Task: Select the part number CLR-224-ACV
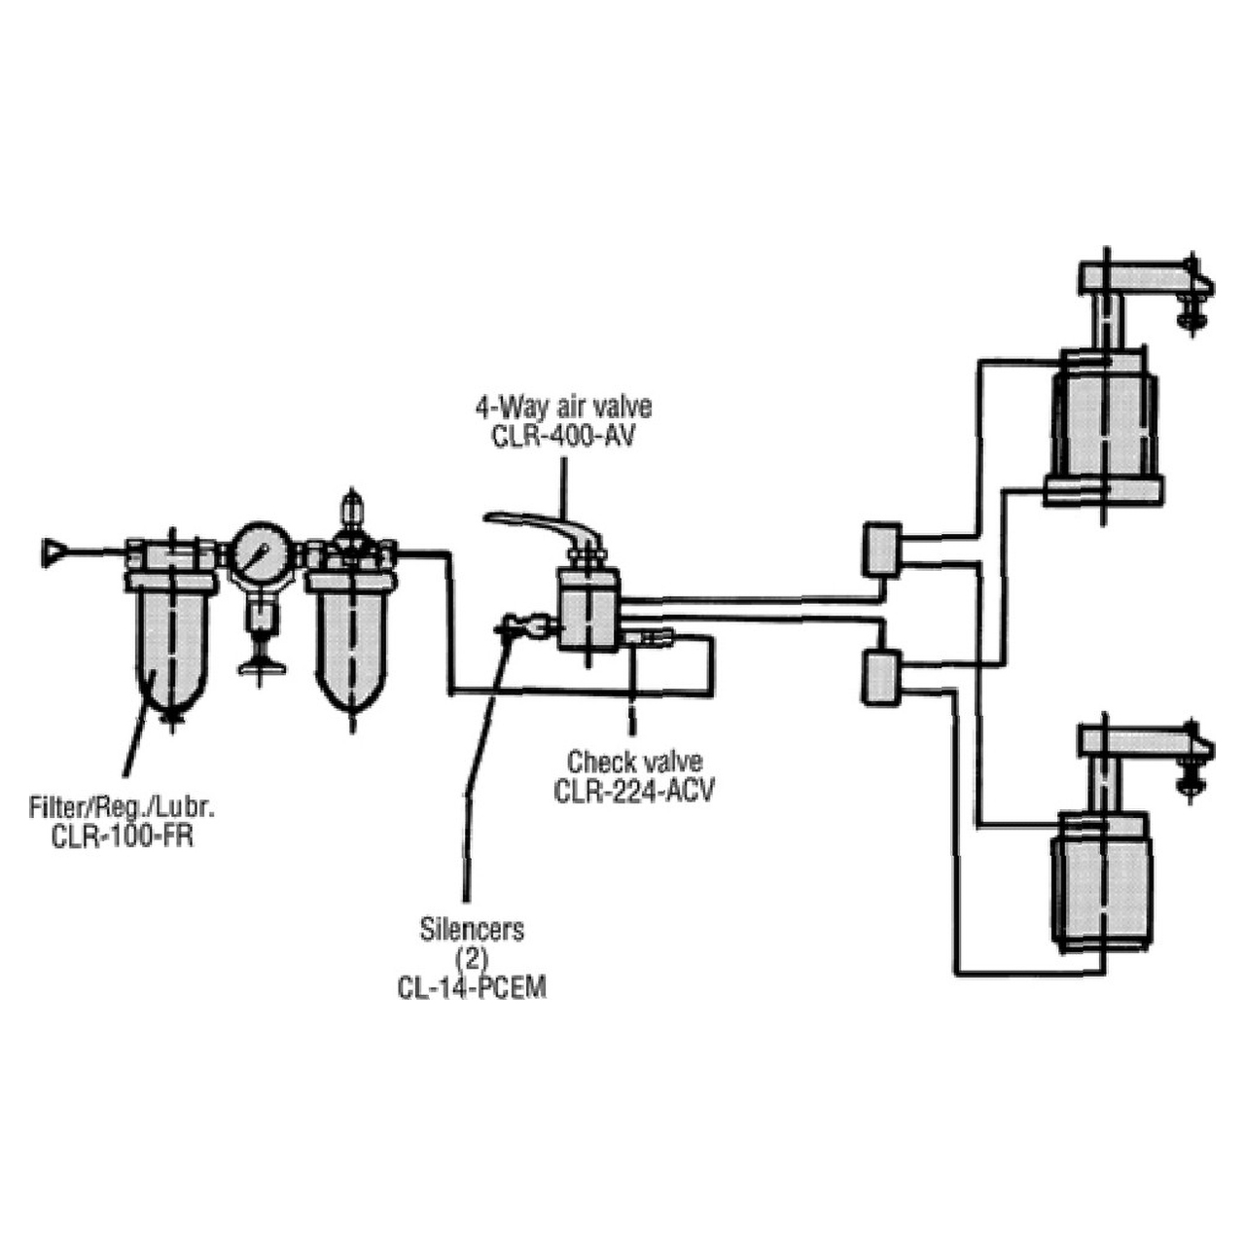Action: pyautogui.click(x=634, y=791)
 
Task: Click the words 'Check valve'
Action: pyautogui.click(x=634, y=762)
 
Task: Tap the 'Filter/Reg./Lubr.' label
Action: pyautogui.click(x=123, y=806)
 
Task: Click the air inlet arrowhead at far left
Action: pyautogui.click(x=56, y=551)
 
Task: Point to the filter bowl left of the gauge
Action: pyautogui.click(x=171, y=642)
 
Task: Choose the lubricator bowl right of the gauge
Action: pyautogui.click(x=352, y=642)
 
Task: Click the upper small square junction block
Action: pyautogui.click(x=880, y=549)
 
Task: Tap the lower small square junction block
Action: pyautogui.click(x=880, y=677)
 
